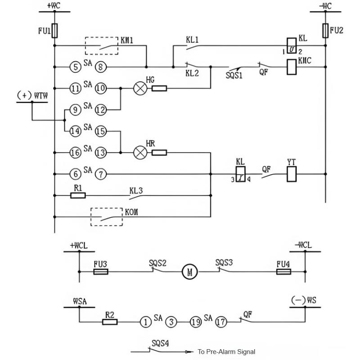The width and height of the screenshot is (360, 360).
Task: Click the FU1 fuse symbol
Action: (x=54, y=30)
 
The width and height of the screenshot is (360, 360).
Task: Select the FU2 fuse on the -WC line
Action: (x=325, y=30)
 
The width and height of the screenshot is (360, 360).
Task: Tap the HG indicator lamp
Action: (x=140, y=88)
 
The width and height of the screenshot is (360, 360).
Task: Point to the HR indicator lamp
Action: (x=140, y=153)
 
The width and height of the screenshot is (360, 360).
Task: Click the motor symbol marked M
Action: (x=189, y=272)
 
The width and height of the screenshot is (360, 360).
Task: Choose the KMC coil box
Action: (x=292, y=67)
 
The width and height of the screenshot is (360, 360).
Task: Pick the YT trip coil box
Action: (x=292, y=174)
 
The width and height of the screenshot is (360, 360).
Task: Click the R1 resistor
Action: (x=78, y=195)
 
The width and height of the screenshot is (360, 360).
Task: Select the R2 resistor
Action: (x=110, y=322)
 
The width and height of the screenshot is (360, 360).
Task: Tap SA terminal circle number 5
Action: (x=76, y=67)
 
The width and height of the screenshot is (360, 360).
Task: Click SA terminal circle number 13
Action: (x=101, y=153)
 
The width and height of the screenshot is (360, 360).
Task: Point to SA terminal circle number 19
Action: (x=196, y=322)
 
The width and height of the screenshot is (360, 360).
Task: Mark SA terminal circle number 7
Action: (x=101, y=174)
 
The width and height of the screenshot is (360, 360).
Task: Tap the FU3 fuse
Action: (x=101, y=272)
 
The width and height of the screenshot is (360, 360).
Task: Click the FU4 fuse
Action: (x=284, y=272)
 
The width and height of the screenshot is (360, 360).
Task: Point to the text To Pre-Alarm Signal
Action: (x=227, y=352)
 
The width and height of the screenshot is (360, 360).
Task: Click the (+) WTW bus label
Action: (x=32, y=95)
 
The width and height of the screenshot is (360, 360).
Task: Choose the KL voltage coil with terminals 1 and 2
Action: (x=292, y=45)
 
